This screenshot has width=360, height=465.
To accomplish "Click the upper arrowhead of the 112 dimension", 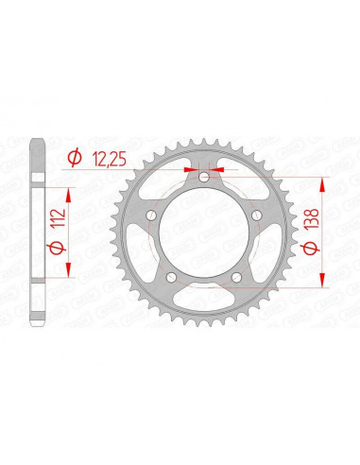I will (x=71, y=183).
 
